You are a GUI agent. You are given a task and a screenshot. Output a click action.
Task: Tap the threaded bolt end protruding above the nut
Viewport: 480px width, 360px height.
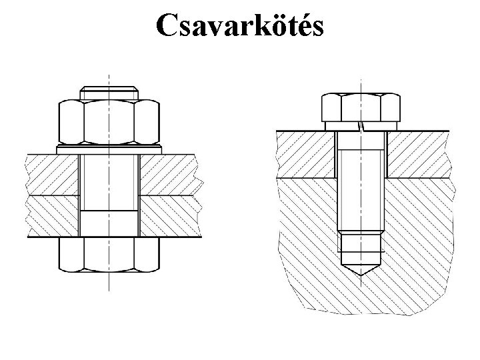pos(109,92)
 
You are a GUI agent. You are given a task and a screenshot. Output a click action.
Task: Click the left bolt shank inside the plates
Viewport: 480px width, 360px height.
pos(109,193)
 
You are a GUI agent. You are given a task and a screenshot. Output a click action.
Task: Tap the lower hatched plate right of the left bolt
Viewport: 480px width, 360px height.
pos(168,216)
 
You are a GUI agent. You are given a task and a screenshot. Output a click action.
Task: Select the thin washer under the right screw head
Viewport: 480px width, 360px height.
pos(361,125)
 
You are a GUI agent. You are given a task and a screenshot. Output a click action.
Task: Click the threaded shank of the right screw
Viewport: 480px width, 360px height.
pos(361,187)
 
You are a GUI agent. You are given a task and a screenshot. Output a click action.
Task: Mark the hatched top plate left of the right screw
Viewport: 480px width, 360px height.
pos(305,154)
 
